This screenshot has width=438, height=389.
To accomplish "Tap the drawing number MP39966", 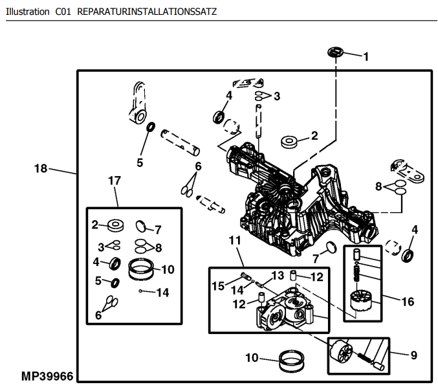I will [47, 375].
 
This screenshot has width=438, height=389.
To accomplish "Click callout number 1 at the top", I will [366, 56].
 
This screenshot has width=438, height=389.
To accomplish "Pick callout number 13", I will [277, 275].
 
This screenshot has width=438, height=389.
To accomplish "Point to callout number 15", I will [218, 285].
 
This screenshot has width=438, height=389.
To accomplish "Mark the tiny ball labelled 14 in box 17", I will [140, 292].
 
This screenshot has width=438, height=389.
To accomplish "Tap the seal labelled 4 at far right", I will [408, 254].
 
